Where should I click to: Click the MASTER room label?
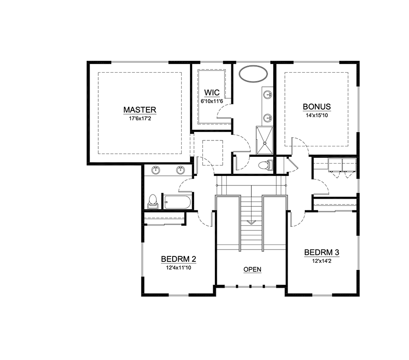140,110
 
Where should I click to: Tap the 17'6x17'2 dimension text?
140,119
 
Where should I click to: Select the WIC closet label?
212,92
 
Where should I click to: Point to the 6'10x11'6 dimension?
212,101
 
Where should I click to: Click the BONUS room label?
317,106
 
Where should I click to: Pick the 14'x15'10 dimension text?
317,115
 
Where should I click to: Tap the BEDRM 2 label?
179,259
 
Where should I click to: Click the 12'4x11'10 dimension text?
179,267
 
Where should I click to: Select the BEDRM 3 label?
322,252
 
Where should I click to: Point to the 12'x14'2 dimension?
322,261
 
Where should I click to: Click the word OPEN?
252,269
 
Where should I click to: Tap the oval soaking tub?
253,74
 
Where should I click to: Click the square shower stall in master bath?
264,140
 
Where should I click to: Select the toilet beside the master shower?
265,165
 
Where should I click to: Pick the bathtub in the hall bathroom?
177,202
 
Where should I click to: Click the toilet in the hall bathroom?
153,202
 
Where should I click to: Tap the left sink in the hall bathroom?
156,170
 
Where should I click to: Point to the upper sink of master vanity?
267,95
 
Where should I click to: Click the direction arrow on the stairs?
251,223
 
